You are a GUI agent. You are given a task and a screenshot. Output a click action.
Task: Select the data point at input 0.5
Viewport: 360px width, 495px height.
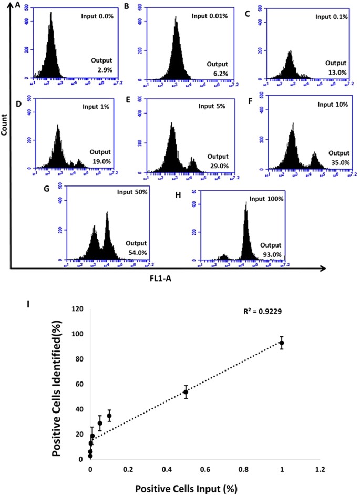pyautogui.click(x=186, y=392)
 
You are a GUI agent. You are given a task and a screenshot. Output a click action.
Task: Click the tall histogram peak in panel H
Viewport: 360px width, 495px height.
pyautogui.click(x=245, y=221)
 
